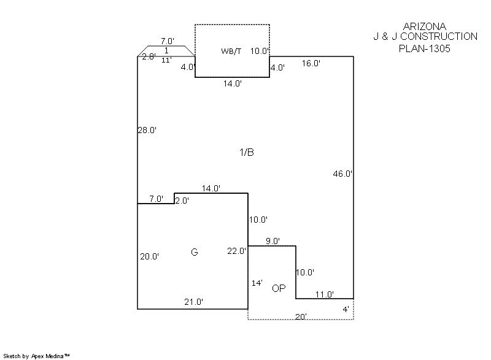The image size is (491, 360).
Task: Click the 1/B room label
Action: (x=246, y=153)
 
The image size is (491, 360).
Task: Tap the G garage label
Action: (x=195, y=252)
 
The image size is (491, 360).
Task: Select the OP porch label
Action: (x=279, y=288)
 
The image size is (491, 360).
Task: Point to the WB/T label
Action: (x=231, y=52)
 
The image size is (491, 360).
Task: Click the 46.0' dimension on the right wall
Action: (x=342, y=174)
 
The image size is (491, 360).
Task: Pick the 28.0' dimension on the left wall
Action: (x=147, y=130)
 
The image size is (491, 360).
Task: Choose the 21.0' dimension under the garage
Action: (x=194, y=302)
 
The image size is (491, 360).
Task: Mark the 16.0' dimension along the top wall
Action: (x=311, y=63)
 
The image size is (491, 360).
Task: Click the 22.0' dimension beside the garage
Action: (x=237, y=250)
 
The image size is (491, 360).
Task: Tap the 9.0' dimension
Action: (x=273, y=242)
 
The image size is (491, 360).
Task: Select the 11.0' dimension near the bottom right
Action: (x=324, y=294)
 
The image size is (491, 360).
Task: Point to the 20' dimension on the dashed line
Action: (x=301, y=316)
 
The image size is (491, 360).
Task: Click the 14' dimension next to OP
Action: (x=258, y=283)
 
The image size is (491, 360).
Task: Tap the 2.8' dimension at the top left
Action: (x=149, y=57)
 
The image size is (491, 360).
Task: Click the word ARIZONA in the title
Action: (x=425, y=26)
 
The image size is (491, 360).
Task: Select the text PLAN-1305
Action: (x=425, y=48)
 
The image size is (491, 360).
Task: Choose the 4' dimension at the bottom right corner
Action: (x=346, y=310)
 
